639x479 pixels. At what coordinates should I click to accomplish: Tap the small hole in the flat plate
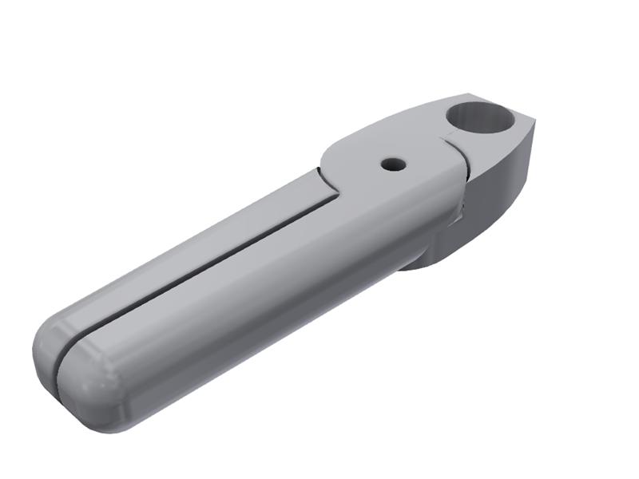tap(393, 164)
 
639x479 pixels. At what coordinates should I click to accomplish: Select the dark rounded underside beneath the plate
tap(431, 255)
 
